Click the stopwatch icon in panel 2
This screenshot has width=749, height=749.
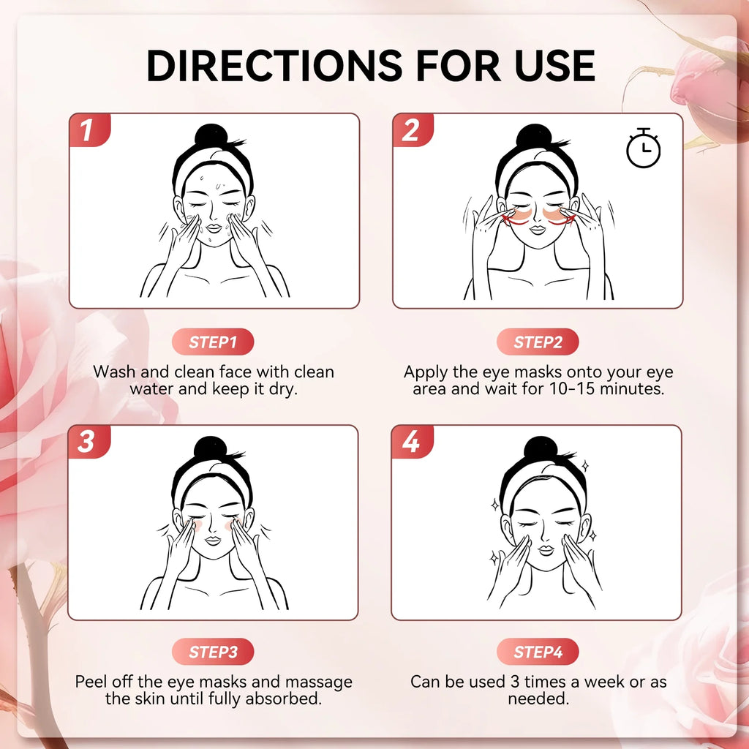point(643,148)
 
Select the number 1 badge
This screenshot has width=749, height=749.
point(88,130)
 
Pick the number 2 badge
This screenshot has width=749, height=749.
point(411,130)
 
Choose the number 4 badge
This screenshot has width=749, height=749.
point(410,442)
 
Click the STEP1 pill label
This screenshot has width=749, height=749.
point(213,342)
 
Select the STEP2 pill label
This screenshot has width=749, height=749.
point(538,342)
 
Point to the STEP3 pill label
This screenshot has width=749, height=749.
point(213,652)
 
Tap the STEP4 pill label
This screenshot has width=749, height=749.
point(538,652)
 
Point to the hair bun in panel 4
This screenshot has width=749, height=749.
point(540,448)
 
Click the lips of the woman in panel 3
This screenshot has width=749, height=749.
point(212,540)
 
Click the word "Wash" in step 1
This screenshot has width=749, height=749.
point(114,372)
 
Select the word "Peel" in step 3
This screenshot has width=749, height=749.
point(93,682)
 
